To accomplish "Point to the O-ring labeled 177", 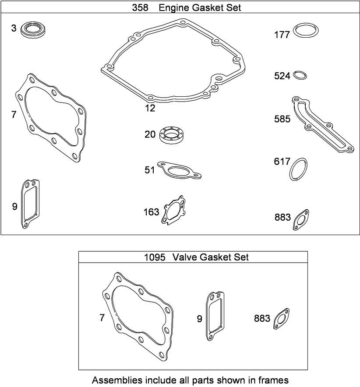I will click(306, 31).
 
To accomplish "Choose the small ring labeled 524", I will click(300, 74).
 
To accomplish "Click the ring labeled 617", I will click(298, 169).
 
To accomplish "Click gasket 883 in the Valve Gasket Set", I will click(281, 319).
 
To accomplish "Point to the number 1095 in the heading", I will click(155, 257).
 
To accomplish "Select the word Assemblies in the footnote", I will click(116, 380).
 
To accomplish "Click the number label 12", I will click(150, 108).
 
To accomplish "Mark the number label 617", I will click(282, 162).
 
